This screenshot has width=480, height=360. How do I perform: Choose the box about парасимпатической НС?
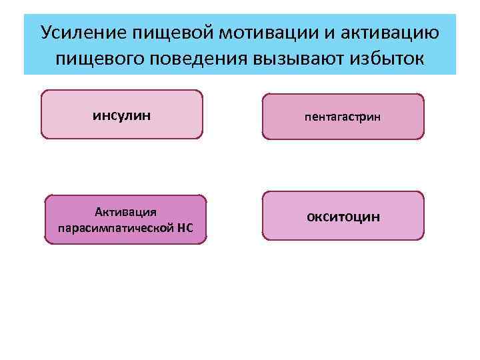[x=125, y=220]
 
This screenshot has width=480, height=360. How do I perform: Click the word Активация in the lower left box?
[x=125, y=212]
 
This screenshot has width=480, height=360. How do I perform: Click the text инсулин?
[x=121, y=115]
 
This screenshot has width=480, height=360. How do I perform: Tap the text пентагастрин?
[x=343, y=117]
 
